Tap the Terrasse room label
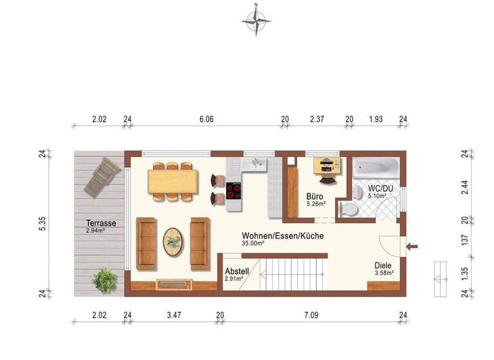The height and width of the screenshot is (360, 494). pos(101,223)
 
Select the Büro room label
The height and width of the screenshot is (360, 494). pos(315,197)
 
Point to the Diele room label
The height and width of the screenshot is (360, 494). pos(383,265)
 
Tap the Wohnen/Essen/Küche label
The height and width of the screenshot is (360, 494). pos(282,236)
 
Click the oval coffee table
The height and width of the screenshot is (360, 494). pos(172,242)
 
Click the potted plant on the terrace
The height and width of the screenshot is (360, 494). pos(104,280)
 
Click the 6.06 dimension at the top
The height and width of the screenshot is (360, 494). pos(206,120)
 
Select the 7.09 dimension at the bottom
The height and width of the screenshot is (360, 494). pos(311,315)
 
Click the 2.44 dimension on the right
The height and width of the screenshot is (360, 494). pos(464,187)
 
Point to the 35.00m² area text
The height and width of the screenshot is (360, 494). pos(253,244)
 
